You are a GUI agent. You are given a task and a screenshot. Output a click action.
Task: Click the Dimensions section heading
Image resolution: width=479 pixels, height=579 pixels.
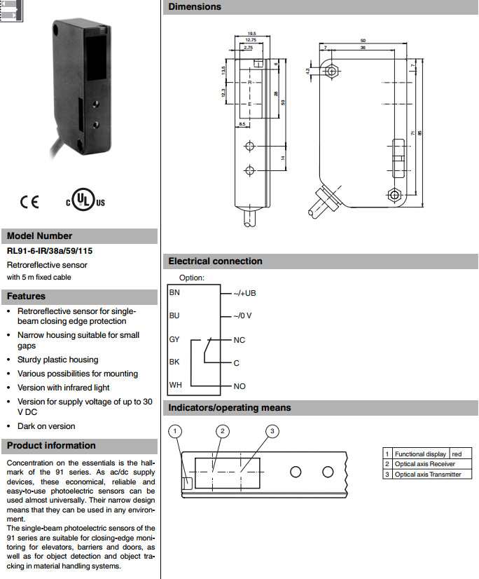[194, 7]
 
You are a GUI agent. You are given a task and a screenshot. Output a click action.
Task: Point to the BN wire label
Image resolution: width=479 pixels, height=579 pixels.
[175, 292]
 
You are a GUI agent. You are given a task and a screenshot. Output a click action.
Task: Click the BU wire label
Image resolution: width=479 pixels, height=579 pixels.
[175, 315]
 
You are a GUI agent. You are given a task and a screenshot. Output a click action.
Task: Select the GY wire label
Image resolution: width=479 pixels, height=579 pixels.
[175, 339]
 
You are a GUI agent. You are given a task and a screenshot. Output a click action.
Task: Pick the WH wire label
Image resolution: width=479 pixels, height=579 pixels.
[175, 385]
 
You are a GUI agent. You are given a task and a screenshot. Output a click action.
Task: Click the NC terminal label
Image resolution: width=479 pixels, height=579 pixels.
[239, 340]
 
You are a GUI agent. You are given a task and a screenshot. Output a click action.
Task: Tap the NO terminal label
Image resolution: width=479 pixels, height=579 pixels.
[239, 386]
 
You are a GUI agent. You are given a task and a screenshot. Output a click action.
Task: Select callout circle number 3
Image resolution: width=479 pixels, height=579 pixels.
[272, 430]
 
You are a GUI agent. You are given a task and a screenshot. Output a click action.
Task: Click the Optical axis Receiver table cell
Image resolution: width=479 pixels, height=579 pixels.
[424, 464]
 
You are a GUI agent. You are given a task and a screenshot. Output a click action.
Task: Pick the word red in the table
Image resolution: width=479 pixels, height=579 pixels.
[457, 454]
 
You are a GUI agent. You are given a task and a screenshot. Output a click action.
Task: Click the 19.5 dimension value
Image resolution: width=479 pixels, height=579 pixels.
[252, 33]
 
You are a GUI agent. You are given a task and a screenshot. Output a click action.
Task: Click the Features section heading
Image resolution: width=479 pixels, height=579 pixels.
[26, 297]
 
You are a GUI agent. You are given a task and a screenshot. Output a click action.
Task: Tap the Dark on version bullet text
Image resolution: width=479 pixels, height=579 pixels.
[46, 426]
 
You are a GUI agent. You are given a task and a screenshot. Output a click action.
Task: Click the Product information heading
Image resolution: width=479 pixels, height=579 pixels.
[51, 446]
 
